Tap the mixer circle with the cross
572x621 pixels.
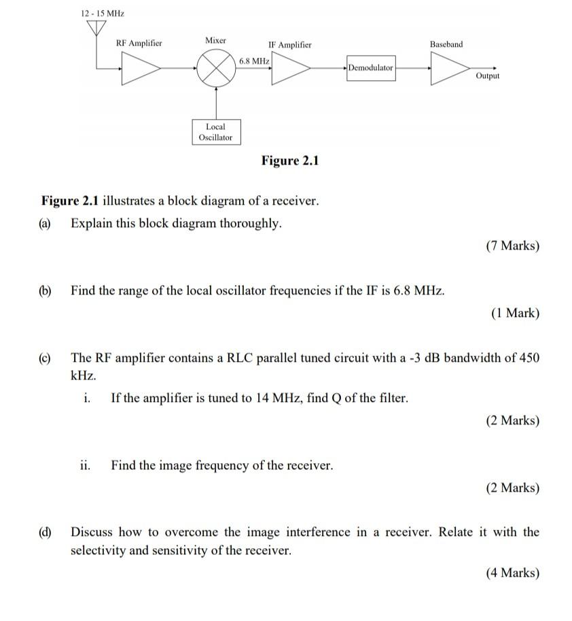tap(216, 69)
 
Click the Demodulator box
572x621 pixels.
tap(370, 68)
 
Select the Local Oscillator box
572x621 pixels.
tap(215, 132)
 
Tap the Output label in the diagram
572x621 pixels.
tap(488, 76)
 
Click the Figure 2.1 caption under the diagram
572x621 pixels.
tap(290, 161)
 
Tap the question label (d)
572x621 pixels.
tap(46, 532)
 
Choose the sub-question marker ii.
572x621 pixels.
tap(85, 465)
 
